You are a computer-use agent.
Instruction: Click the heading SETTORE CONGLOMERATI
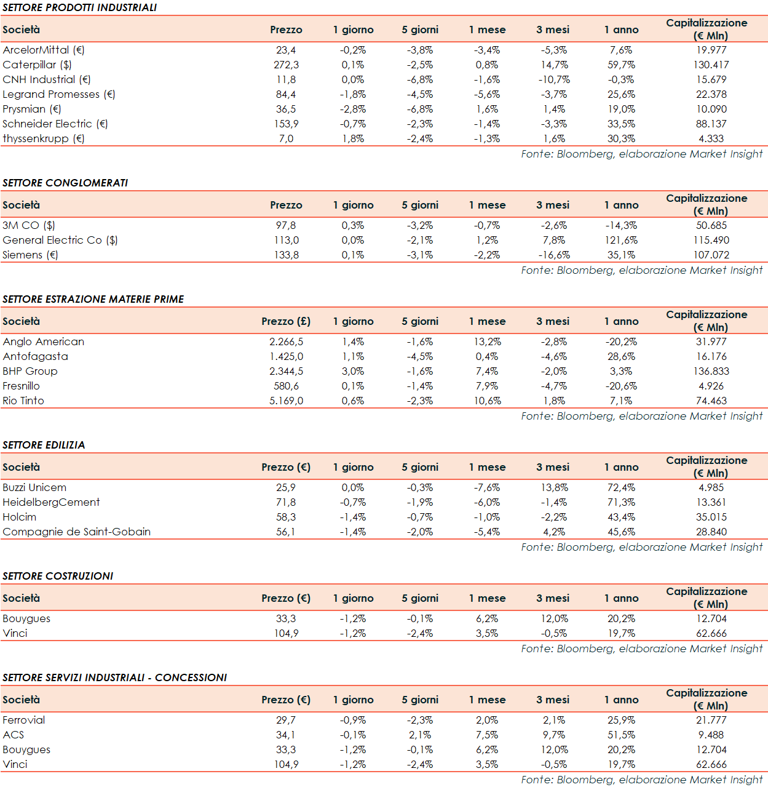(65, 183)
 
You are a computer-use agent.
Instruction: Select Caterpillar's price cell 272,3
(286, 65)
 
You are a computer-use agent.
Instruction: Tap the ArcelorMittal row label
(44, 50)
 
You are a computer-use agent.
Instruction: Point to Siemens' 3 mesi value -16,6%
(554, 255)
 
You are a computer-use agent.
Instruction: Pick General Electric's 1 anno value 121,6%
(621, 240)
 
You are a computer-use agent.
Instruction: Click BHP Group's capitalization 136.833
(711, 371)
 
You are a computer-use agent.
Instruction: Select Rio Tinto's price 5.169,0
(286, 401)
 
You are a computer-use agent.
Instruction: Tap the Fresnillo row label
(22, 386)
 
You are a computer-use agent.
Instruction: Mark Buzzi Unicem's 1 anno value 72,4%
(621, 487)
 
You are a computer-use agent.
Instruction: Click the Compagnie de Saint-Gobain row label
(77, 532)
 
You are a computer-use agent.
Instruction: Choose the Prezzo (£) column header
(286, 321)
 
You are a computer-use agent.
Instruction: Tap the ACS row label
(14, 735)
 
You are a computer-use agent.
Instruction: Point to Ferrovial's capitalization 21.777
(711, 720)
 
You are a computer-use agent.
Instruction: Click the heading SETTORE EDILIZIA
(44, 445)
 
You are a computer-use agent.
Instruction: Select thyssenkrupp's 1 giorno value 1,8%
(353, 138)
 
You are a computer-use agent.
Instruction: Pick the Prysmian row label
(32, 109)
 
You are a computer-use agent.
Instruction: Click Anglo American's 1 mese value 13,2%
(487, 342)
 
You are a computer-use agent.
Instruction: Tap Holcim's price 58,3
(286, 517)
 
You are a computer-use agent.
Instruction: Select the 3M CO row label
(29, 225)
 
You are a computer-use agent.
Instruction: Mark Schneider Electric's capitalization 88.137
(711, 124)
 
